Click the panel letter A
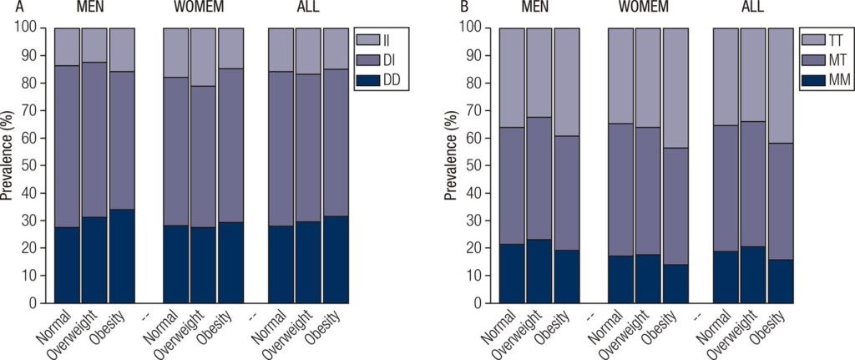pos(5,8)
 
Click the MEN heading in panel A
pos(94,8)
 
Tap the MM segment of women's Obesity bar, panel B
pos(675,283)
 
